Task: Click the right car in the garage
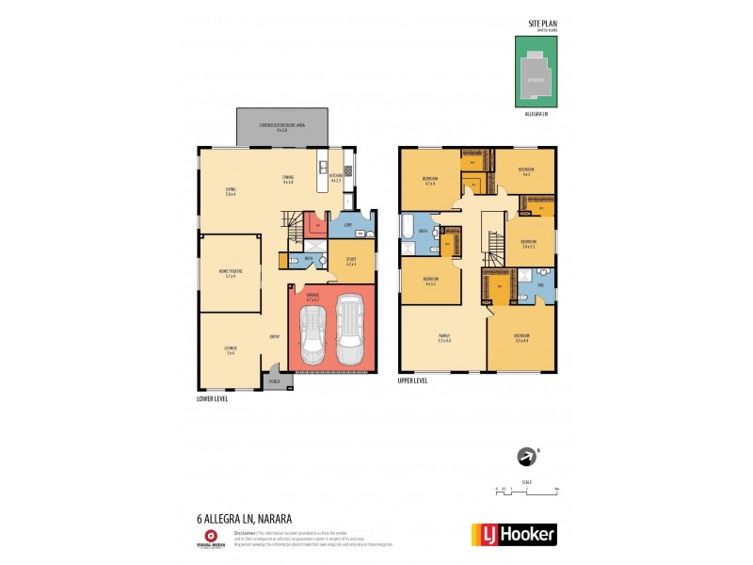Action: (349, 331)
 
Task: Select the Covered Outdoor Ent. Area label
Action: (281, 127)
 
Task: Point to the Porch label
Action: (275, 382)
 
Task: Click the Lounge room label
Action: (230, 351)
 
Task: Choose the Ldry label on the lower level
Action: (348, 225)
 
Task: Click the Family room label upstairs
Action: (445, 337)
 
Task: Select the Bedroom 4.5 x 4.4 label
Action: (521, 337)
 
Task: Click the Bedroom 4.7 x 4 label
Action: (429, 181)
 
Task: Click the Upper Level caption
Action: (414, 381)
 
